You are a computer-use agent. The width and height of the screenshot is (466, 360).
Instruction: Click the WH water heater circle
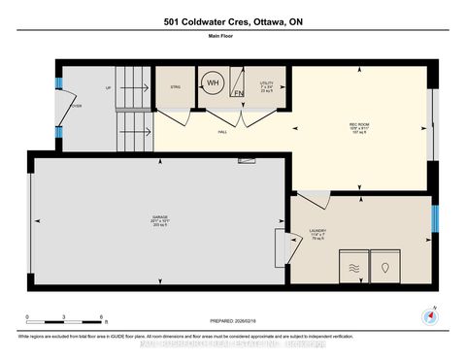[x=214, y=84]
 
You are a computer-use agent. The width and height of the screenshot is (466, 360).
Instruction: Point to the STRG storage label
[x=175, y=86]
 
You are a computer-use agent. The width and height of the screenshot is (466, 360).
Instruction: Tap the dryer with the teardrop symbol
[x=389, y=266]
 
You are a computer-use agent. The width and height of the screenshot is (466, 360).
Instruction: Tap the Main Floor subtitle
[x=233, y=38]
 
